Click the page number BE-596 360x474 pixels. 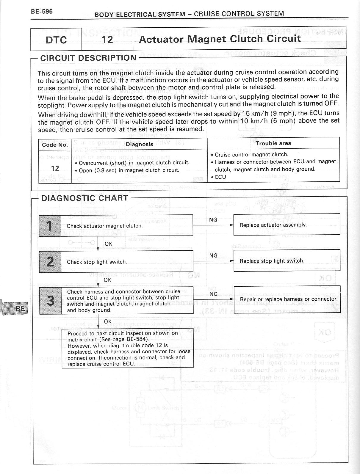[42, 12]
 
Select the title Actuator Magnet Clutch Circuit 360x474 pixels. [220, 39]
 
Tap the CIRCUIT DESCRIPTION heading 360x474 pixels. [88, 58]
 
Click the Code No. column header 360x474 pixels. [55, 145]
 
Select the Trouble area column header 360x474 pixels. [273, 143]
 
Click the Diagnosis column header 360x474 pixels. [139, 144]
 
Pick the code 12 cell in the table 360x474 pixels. [55, 168]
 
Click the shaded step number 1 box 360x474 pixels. [50, 226]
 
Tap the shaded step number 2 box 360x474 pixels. [50, 262]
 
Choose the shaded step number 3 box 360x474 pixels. [50, 301]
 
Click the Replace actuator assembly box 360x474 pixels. [287, 225]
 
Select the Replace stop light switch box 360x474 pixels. [287, 261]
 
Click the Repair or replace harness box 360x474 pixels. [287, 299]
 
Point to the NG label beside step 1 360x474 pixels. [213, 220]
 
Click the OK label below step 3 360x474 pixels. [108, 321]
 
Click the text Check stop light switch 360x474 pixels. [97, 262]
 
